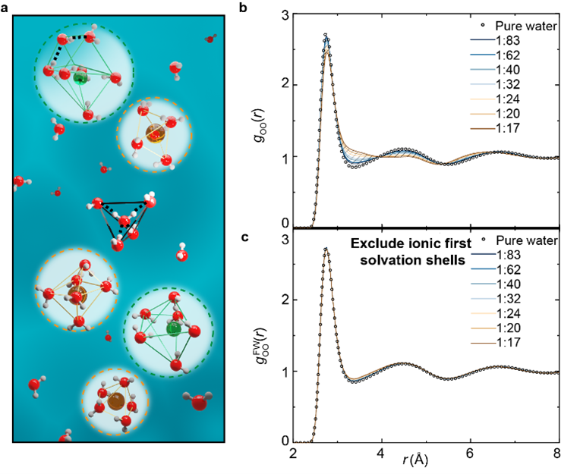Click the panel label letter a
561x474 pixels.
[6, 7]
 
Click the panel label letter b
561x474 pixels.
[263, 7]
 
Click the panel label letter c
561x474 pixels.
[263, 237]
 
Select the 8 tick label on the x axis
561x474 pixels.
[556, 456]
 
